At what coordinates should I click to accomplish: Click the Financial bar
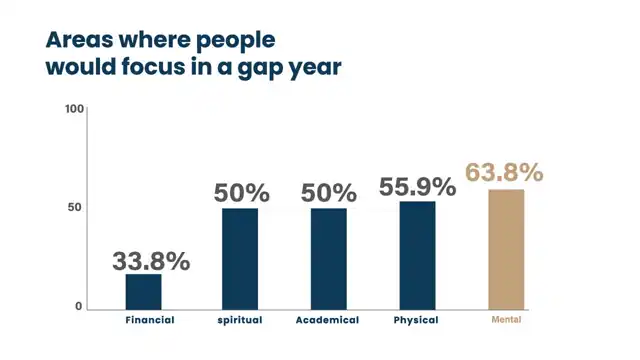[143, 292]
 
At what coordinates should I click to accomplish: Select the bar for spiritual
[240, 259]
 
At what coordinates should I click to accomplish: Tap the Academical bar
[329, 259]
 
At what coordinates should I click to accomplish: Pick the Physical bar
[417, 256]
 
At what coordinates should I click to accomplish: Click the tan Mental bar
[506, 250]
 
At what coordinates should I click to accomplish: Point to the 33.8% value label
[151, 261]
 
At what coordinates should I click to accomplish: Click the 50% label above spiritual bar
[242, 193]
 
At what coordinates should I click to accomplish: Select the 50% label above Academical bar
[329, 193]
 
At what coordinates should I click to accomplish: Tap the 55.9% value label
[417, 187]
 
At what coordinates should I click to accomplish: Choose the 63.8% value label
[504, 172]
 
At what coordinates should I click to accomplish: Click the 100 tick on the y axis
[74, 109]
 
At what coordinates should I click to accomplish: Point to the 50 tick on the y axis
[75, 207]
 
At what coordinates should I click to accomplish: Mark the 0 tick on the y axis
[79, 307]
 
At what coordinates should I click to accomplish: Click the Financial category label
[150, 320]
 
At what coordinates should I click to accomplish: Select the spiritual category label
[240, 320]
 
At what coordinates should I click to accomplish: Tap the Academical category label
[327, 320]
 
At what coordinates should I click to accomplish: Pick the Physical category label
[416, 320]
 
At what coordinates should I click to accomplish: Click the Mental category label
[506, 320]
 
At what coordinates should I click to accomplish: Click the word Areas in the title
[79, 40]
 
